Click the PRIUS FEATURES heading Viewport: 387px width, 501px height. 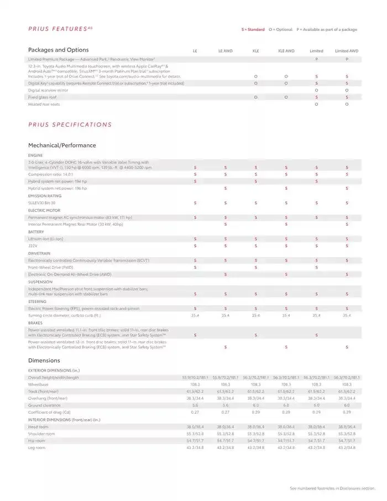click(60, 29)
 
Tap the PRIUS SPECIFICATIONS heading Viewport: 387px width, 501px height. click(70, 124)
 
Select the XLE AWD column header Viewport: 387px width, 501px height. click(286, 51)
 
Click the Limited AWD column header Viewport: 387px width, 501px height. click(347, 51)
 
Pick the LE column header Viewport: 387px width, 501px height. click(195, 51)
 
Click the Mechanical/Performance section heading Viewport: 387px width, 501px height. click(62, 145)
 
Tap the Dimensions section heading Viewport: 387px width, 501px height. click(44, 361)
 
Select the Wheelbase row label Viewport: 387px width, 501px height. click(38, 384)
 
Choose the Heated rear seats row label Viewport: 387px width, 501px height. click(44, 104)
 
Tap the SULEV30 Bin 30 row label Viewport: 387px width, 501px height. click(41, 203)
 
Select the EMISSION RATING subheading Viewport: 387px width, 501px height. click(45, 196)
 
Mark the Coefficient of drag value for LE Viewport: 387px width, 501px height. click(195, 412)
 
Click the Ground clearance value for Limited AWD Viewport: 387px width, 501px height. click(347, 405)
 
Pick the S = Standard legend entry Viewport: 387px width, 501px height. click(253, 29)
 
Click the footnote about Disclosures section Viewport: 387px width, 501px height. click(332, 488)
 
